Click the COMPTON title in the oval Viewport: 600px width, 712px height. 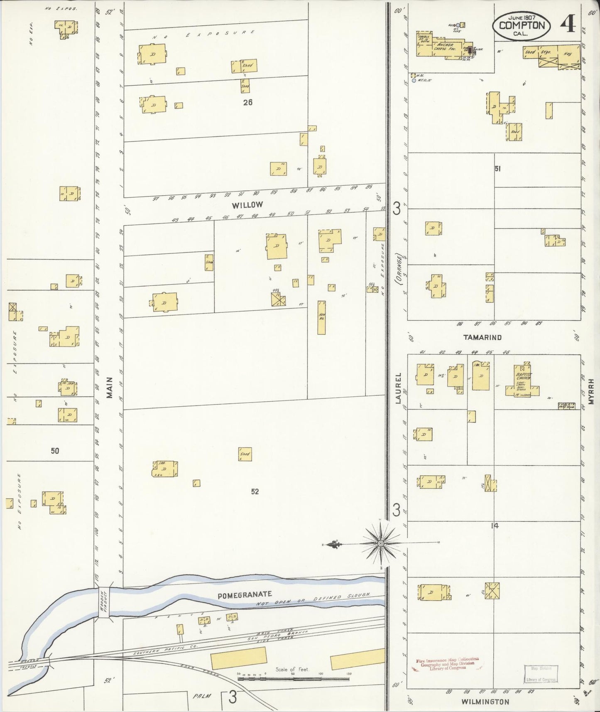pyautogui.click(x=522, y=25)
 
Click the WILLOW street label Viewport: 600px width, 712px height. pyautogui.click(x=247, y=205)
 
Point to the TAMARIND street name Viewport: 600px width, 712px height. pyautogui.click(x=482, y=337)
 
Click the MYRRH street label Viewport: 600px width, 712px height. pyautogui.click(x=591, y=391)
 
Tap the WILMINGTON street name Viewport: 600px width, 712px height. pyautogui.click(x=485, y=702)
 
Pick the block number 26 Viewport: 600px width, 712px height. pyautogui.click(x=247, y=102)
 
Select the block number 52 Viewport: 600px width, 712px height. pyautogui.click(x=255, y=491)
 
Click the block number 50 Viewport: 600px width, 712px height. pyautogui.click(x=55, y=451)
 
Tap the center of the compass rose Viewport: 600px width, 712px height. pyautogui.click(x=380, y=543)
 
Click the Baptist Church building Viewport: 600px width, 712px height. pyautogui.click(x=522, y=381)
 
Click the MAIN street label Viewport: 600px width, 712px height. pyautogui.click(x=110, y=388)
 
